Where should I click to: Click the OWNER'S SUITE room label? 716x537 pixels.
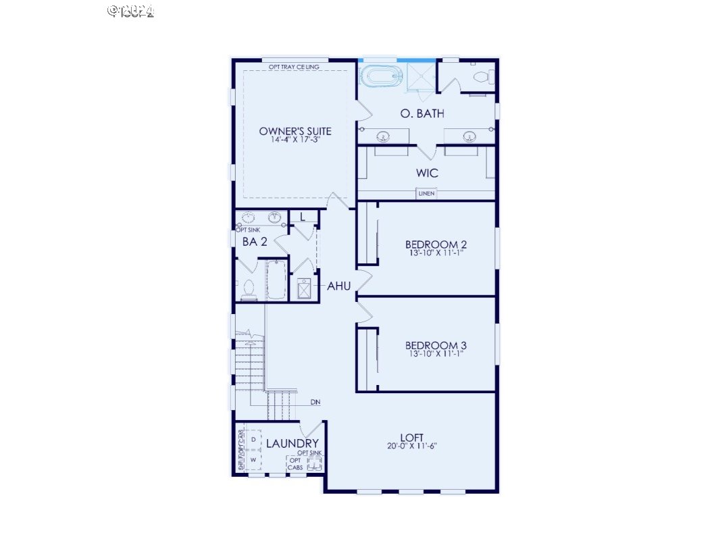point(295,130)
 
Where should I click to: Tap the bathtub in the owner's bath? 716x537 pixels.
point(380,76)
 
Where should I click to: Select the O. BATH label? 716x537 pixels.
point(422,113)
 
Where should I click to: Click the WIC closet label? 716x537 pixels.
point(427,173)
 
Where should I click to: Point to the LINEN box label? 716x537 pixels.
point(426,194)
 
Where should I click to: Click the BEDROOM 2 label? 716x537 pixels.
point(436,245)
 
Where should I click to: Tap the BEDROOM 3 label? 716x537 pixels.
point(436,345)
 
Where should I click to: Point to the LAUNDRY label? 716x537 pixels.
point(292,444)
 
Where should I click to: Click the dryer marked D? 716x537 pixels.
point(253,439)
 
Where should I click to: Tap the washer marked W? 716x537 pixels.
point(253,460)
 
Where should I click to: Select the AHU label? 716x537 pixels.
point(338,286)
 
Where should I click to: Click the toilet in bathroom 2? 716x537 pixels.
point(248,289)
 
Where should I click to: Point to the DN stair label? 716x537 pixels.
point(315,403)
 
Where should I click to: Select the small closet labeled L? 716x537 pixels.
point(303,217)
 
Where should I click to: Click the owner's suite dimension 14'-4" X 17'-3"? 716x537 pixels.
point(295,140)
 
